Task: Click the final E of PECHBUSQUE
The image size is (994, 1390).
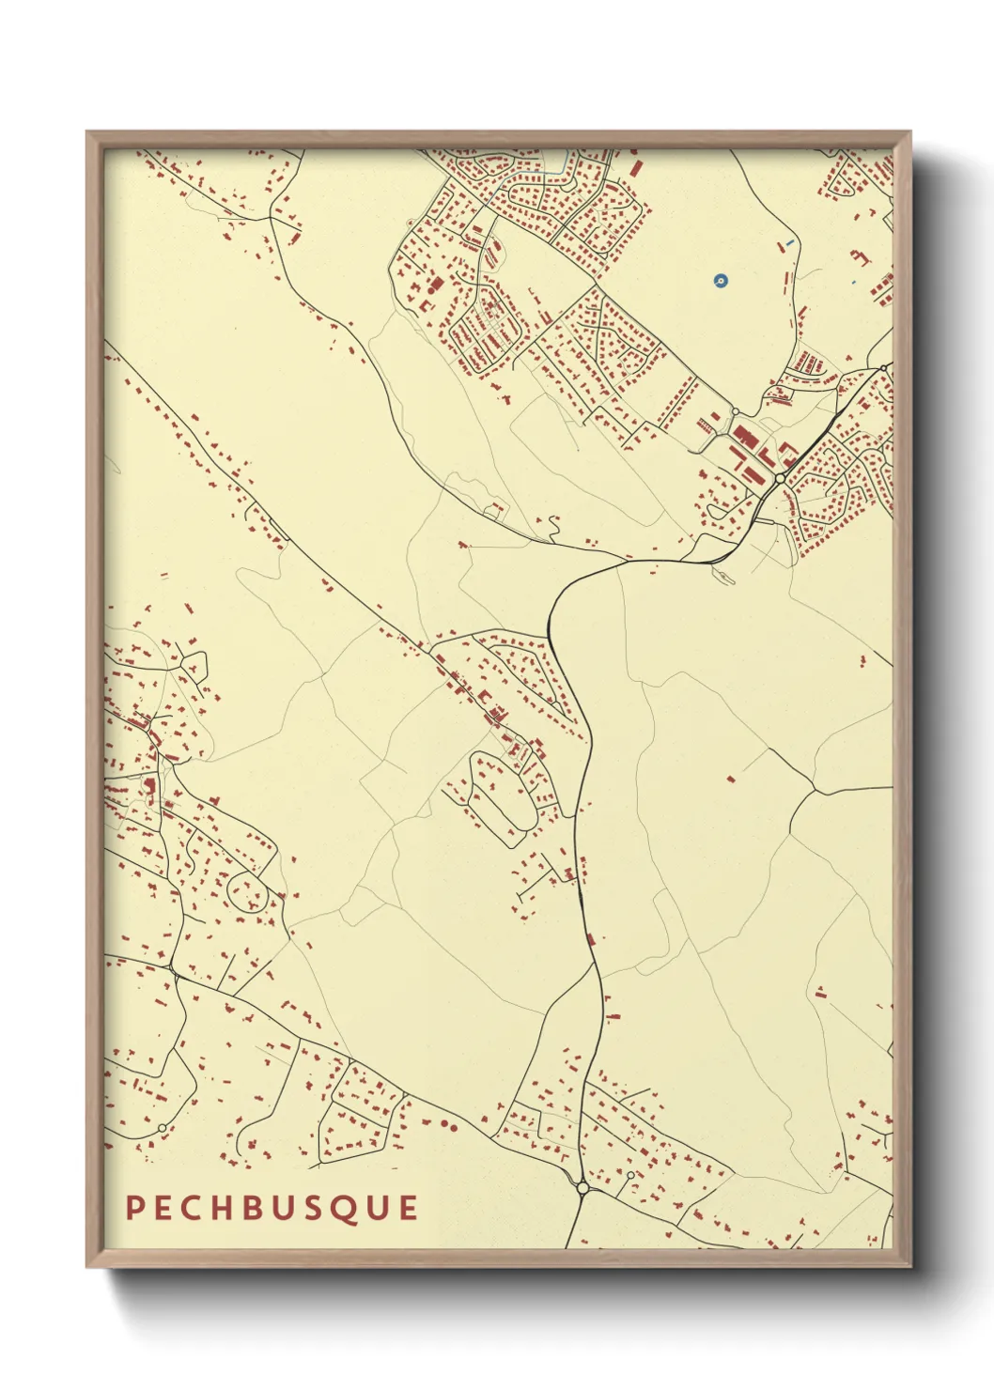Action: [408, 1208]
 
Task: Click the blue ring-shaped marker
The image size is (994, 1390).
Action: [720, 280]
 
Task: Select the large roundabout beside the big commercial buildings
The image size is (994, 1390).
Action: [780, 478]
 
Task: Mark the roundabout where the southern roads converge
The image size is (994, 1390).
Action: [582, 1188]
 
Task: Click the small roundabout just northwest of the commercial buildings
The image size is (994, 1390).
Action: [735, 411]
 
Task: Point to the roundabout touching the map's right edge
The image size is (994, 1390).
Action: [886, 366]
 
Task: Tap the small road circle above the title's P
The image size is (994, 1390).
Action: [162, 1128]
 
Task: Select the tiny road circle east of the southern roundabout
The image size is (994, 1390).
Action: [630, 1175]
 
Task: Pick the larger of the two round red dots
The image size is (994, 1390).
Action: [443, 1124]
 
